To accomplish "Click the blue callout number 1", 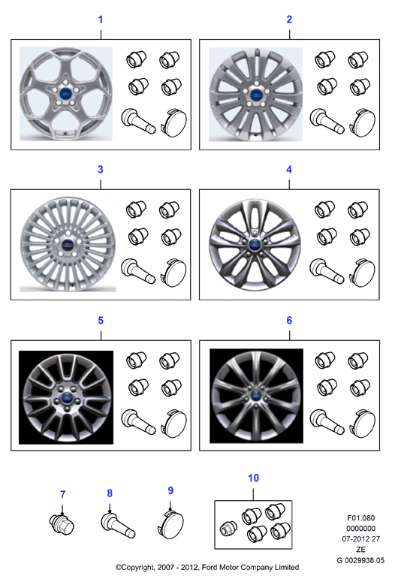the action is click(x=100, y=20).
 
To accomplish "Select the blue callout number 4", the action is click(x=289, y=170).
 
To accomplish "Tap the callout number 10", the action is click(x=254, y=478).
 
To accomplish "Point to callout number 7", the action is click(x=63, y=494).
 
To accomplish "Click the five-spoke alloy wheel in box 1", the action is click(x=66, y=94).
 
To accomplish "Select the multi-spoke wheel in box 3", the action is click(x=68, y=244).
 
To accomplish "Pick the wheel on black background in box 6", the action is click(x=256, y=396).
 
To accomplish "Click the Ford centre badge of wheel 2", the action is click(x=256, y=95).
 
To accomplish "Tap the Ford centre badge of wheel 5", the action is click(x=66, y=397).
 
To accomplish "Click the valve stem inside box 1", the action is click(x=138, y=122).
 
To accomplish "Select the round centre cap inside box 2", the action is click(x=362, y=122).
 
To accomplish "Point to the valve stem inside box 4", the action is click(x=327, y=271).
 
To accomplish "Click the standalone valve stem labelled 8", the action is click(x=118, y=524).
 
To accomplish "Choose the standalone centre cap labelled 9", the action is click(x=170, y=525).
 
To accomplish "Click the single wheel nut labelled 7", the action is click(x=62, y=524).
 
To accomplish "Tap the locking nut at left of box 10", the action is click(x=228, y=529).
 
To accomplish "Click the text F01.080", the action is click(x=361, y=517).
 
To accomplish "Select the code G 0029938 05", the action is click(x=360, y=560).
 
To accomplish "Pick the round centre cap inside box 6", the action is click(x=362, y=423).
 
